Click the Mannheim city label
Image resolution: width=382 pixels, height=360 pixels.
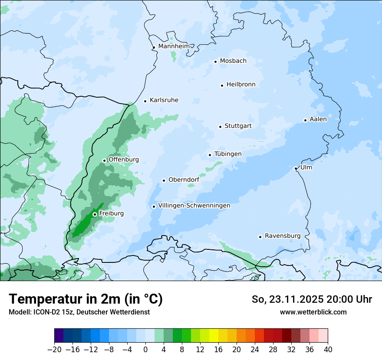click(x=174, y=46)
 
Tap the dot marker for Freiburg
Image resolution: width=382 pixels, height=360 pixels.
click(x=95, y=214)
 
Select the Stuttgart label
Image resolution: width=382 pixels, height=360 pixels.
click(x=238, y=126)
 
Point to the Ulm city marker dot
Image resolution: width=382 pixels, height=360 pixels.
click(x=296, y=168)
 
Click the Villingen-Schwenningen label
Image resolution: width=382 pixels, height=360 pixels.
click(x=194, y=206)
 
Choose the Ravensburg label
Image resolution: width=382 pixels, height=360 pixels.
click(x=283, y=236)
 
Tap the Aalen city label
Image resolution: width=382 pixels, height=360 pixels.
click(x=318, y=119)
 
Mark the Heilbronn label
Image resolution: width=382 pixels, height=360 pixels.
click(x=241, y=85)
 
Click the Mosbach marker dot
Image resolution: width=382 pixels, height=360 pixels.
click(x=215, y=62)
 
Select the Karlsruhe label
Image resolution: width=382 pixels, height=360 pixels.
click(x=164, y=100)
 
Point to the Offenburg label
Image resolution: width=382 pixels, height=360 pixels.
click(x=124, y=160)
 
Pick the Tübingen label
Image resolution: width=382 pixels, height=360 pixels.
click(x=228, y=154)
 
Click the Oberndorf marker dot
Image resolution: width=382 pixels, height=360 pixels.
click(x=164, y=180)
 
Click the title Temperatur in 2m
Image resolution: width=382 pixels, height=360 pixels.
click(x=86, y=299)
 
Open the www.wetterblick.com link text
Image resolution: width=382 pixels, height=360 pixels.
click(x=313, y=312)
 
